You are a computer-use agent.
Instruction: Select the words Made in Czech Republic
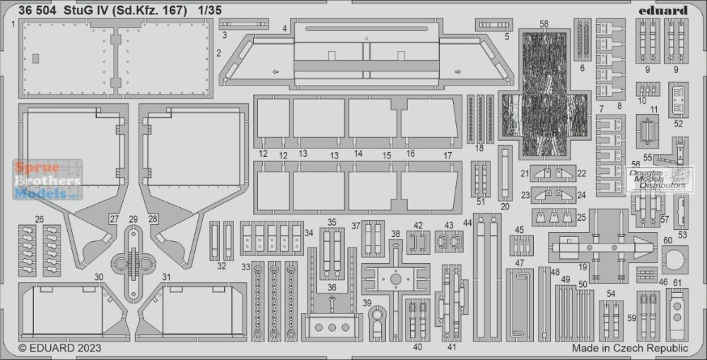click(630, 348)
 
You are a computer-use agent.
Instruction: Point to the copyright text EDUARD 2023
click(60, 348)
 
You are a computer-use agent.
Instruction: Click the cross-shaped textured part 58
click(544, 94)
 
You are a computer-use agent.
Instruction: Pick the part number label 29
click(133, 219)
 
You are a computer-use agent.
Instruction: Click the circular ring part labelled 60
click(675, 260)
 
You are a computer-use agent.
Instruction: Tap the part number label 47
click(520, 262)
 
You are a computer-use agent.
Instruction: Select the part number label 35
click(332, 222)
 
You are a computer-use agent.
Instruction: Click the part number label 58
click(544, 23)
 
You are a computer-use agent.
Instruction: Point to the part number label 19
click(583, 267)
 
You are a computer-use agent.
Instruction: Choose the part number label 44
click(467, 222)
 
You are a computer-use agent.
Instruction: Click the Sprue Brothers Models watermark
click(48, 180)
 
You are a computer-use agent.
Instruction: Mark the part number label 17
click(448, 155)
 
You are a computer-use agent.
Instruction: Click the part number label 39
click(367, 302)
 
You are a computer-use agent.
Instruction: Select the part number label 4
click(284, 28)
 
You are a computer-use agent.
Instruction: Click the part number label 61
click(677, 283)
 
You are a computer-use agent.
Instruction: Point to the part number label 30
click(99, 277)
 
